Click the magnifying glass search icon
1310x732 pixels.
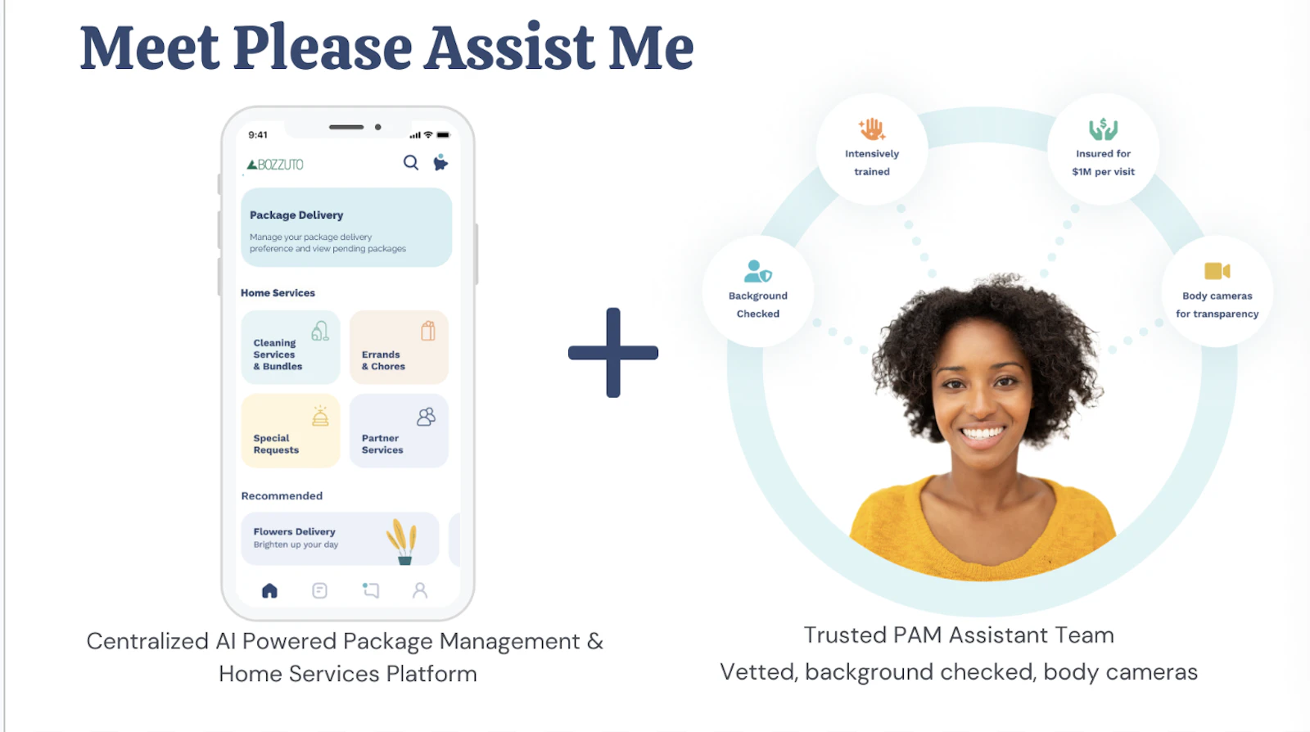click(410, 163)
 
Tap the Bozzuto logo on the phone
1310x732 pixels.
click(275, 165)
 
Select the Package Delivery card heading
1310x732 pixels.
click(296, 215)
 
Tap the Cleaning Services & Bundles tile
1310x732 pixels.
click(291, 347)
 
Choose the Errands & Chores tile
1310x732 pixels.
click(399, 347)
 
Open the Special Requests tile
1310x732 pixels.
click(291, 431)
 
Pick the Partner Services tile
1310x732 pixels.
click(399, 431)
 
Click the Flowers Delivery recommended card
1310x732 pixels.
click(340, 539)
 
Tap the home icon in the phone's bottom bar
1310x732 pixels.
click(269, 590)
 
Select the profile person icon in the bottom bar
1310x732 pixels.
click(420, 590)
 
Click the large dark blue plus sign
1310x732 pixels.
click(613, 353)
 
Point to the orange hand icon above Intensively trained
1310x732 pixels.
click(871, 129)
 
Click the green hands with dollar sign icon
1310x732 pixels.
click(1103, 129)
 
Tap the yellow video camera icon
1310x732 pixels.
click(1217, 271)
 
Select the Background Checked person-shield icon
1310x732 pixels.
click(758, 271)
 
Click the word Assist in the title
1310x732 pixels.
click(508, 47)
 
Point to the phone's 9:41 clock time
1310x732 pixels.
click(258, 135)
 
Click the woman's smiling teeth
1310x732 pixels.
click(982, 434)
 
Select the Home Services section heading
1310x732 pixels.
click(278, 293)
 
